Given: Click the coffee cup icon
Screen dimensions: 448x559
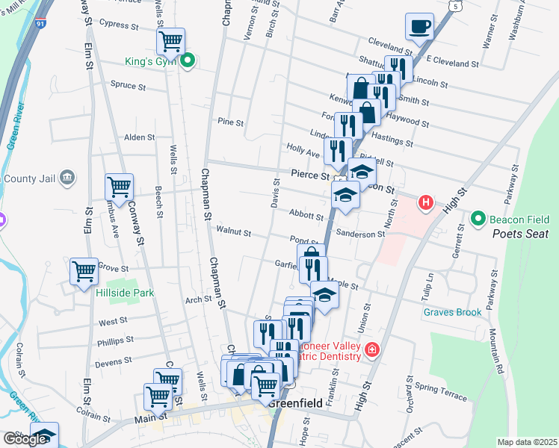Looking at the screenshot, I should (x=419, y=26).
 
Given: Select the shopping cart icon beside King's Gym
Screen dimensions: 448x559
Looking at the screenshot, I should (x=171, y=41).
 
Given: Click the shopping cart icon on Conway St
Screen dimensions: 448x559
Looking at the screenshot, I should (x=119, y=186).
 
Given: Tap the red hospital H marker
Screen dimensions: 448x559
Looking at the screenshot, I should (x=425, y=202).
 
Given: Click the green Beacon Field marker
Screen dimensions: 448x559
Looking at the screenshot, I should (x=479, y=219).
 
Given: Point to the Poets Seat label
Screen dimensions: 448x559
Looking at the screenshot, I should (x=520, y=234).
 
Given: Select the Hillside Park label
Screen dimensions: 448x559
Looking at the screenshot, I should (x=125, y=293).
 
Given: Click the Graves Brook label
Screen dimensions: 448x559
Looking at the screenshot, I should (x=452, y=312).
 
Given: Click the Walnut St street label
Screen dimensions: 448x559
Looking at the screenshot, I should (x=233, y=230).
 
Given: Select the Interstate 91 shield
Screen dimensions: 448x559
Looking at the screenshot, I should (x=40, y=24).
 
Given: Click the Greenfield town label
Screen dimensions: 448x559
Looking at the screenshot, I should (x=295, y=403).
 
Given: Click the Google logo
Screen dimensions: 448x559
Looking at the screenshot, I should (x=25, y=439).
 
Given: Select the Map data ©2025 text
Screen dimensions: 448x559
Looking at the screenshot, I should (x=527, y=442).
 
